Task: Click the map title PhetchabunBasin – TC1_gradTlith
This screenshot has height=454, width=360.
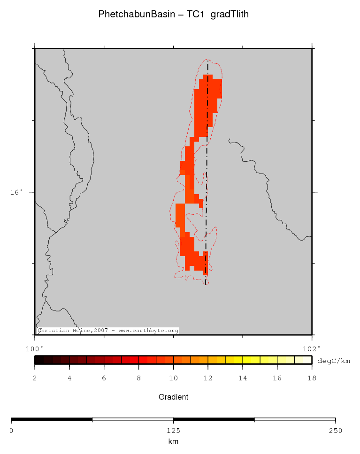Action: click(173, 15)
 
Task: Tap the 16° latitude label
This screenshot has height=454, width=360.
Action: click(16, 192)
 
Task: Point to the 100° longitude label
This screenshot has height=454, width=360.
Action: click(34, 348)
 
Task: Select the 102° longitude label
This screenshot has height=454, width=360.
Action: click(312, 348)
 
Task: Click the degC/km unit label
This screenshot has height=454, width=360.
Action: click(334, 361)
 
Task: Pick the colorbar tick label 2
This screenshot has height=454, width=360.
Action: click(35, 378)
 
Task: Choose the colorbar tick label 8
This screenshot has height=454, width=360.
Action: click(139, 378)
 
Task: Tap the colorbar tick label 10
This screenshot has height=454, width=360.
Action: click(173, 378)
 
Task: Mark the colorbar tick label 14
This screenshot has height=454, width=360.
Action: click(243, 378)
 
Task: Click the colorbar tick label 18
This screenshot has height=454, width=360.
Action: click(312, 378)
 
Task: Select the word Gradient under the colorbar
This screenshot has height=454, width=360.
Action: click(173, 397)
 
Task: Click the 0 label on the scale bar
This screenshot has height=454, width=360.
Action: click(11, 430)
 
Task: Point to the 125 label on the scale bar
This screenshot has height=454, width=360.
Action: click(173, 430)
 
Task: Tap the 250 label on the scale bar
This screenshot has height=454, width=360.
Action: click(335, 430)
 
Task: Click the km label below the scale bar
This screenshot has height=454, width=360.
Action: click(173, 441)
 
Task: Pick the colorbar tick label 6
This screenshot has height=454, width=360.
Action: click(104, 378)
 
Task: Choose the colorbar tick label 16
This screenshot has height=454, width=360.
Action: click(277, 378)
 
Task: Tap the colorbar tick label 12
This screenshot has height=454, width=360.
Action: click(208, 378)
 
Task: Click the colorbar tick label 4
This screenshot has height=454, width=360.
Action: click(69, 378)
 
